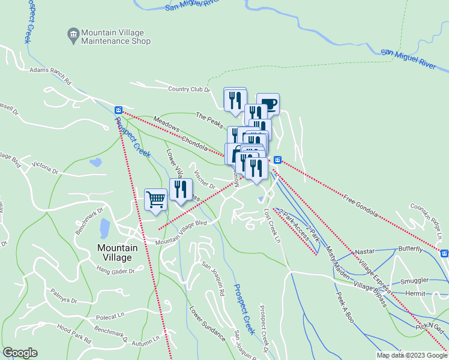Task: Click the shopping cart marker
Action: point(155,199)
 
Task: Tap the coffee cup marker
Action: point(268,104)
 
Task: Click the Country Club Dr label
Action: point(188,89)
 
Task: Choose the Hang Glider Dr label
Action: point(115,271)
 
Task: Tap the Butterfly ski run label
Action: point(410,248)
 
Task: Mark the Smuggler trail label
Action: point(414,280)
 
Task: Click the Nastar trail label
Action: point(365,251)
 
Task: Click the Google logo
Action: point(20,353)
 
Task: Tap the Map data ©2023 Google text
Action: point(412,355)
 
